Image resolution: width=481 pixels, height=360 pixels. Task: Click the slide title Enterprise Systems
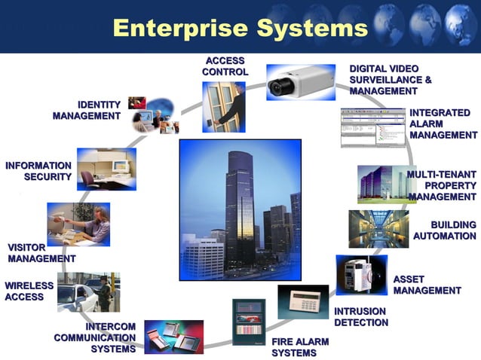(x=240, y=28)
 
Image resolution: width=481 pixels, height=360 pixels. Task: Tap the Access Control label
(x=225, y=66)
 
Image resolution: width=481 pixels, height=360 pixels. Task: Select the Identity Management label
(x=87, y=110)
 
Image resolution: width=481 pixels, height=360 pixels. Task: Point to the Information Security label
(x=38, y=171)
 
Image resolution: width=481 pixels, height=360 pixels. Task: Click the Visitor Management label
(x=41, y=253)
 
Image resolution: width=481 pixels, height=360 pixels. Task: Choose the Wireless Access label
(x=29, y=291)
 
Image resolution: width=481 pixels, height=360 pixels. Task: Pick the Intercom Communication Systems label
(x=95, y=337)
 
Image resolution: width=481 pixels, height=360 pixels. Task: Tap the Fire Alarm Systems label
(x=300, y=347)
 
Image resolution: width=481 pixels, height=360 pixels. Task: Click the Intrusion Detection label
(x=361, y=317)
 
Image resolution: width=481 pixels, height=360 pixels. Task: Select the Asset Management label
(x=427, y=285)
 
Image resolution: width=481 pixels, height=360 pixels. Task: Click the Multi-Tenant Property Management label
(x=443, y=185)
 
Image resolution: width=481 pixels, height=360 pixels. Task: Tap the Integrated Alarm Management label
(x=443, y=124)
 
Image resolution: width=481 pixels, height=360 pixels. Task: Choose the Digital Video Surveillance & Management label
(x=391, y=80)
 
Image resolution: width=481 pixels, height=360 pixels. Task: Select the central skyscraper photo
(x=240, y=209)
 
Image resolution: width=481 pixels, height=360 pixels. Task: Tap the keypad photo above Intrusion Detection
(x=303, y=301)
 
